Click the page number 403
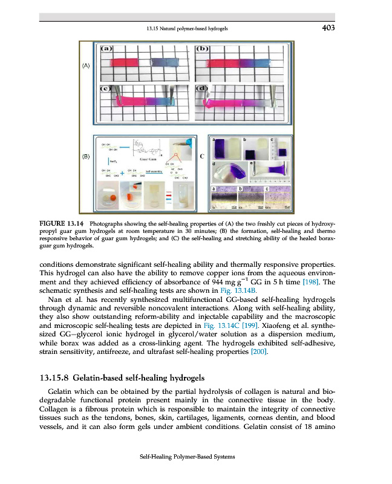(325, 28)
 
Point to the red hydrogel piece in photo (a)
(125, 62)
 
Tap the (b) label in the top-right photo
(203, 48)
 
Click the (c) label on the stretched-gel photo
(106, 88)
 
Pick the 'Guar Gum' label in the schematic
(149, 159)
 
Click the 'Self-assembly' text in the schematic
(153, 171)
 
